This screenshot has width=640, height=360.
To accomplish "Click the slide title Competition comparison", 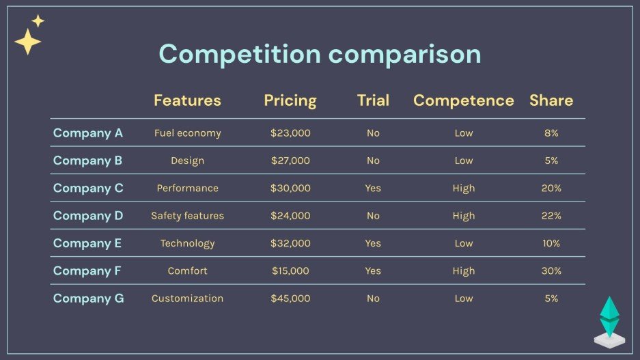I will (320, 54).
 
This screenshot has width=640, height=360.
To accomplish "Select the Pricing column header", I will (290, 100).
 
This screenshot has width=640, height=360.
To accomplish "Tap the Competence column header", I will (463, 100).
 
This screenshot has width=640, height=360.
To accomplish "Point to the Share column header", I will (551, 100).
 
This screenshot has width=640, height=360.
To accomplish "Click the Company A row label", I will (88, 133).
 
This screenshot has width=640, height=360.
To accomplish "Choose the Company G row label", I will (89, 299).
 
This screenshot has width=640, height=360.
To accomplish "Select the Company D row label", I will (88, 216).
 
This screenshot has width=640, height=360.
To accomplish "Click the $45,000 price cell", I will (290, 299).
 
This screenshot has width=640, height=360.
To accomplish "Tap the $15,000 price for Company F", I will (290, 271).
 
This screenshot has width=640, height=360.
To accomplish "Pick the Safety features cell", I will (187, 216).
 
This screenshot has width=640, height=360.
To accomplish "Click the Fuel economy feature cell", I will (187, 133).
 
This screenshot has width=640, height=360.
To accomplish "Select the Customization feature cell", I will (187, 299).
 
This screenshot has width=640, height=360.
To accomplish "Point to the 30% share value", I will (551, 271).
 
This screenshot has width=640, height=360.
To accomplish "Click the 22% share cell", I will (551, 216).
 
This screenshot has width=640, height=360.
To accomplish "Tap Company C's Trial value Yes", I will (373, 189).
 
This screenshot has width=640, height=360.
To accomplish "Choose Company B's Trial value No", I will (373, 161).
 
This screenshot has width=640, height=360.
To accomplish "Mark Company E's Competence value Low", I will (463, 244).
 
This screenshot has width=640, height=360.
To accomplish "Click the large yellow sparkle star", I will (27, 42).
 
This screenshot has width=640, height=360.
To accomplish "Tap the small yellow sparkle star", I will (38, 21).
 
